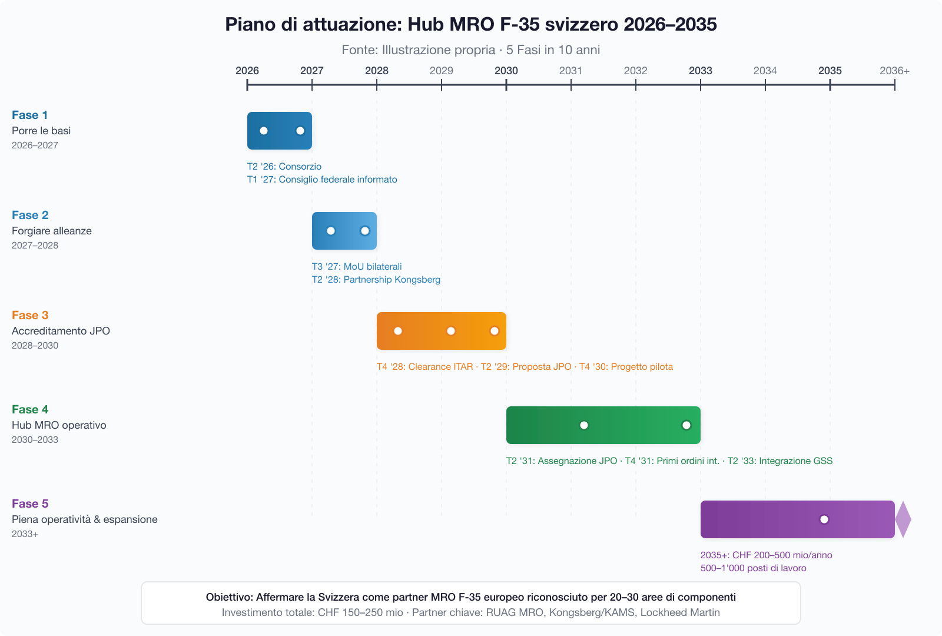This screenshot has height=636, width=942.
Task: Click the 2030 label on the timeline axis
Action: coord(506,71)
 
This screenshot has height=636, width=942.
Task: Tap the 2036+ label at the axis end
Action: coord(894,71)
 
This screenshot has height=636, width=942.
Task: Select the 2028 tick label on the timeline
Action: coord(376,71)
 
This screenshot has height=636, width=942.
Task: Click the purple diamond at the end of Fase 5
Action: coord(903,519)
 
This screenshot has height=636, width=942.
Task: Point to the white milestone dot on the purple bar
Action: coord(824,519)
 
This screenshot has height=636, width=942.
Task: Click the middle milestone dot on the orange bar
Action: coord(451,331)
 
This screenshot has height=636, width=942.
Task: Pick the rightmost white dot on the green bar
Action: coord(686,425)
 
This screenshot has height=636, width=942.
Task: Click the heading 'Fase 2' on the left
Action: coord(30,215)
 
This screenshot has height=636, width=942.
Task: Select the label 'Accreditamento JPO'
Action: coord(61,331)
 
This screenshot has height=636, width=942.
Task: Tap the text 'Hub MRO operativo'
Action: coord(59,425)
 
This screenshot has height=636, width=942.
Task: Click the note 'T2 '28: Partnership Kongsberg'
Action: coord(376,280)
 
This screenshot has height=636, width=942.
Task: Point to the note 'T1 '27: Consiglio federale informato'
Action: coord(322,180)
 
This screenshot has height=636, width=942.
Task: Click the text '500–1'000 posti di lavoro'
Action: coord(753,568)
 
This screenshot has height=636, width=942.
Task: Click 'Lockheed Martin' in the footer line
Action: coord(680,612)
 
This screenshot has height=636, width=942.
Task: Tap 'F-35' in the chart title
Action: coord(519,25)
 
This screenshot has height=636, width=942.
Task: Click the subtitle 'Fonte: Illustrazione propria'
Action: coord(418,50)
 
